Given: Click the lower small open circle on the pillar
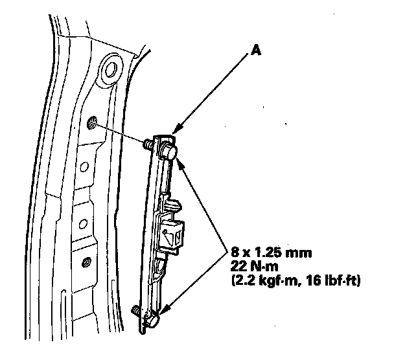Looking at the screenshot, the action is tap(83, 224).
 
